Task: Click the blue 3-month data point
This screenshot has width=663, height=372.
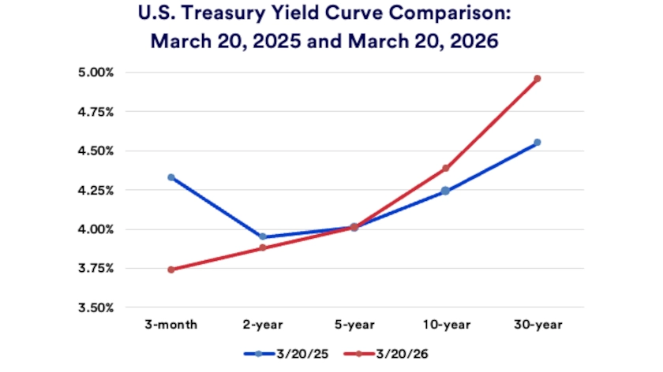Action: pyautogui.click(x=171, y=177)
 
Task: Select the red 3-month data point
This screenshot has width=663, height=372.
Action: pyautogui.click(x=171, y=270)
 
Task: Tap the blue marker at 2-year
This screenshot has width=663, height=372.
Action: pyautogui.click(x=263, y=236)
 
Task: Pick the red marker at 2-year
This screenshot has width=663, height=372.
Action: pyautogui.click(x=263, y=248)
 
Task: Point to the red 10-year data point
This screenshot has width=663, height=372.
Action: pyautogui.click(x=445, y=168)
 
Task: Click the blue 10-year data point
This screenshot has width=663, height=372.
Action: pyautogui.click(x=445, y=191)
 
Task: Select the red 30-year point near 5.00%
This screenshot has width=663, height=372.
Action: pyautogui.click(x=537, y=79)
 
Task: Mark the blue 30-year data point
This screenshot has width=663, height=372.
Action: pyautogui.click(x=537, y=143)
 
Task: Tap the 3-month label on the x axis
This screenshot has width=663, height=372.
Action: pyautogui.click(x=171, y=324)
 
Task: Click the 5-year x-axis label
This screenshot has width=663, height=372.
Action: pyautogui.click(x=354, y=324)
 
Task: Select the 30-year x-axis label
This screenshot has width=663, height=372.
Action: pyautogui.click(x=537, y=324)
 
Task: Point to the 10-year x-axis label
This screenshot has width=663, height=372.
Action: pyautogui.click(x=445, y=324)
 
